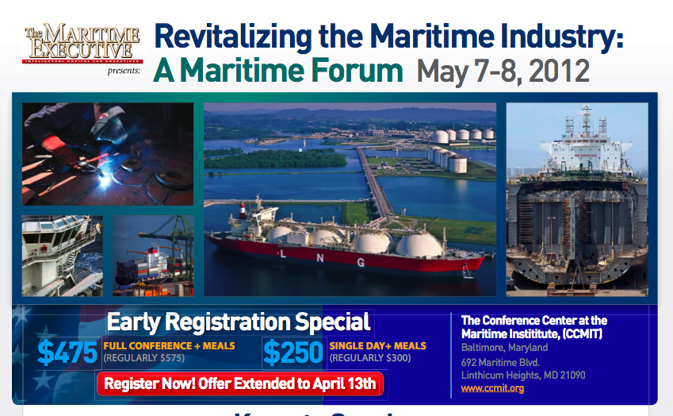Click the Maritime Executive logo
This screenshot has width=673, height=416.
(82, 44)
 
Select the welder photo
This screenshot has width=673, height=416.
(108, 154)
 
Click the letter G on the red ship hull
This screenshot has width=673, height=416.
(361, 262)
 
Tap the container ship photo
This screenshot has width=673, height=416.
(153, 256)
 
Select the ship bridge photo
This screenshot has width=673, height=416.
(62, 256)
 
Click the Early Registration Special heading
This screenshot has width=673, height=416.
(239, 322)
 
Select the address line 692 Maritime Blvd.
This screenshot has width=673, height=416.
(500, 362)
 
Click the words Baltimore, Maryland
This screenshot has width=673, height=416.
(504, 348)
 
